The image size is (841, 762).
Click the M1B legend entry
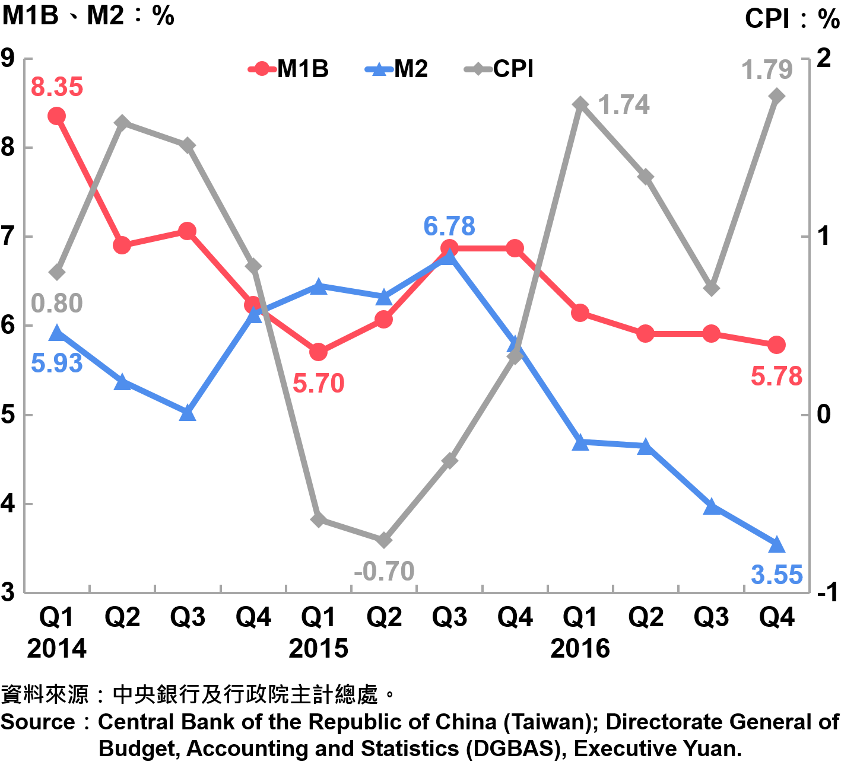289,69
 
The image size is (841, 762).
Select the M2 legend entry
397,69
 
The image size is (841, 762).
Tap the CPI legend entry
500,69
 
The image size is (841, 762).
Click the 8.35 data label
57,87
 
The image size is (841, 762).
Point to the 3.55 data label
776,575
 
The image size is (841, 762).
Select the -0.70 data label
384,572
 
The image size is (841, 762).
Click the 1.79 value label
767,70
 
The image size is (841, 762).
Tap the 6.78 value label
449,227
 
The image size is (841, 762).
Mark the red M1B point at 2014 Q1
56,116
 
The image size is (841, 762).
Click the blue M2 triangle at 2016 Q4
776,544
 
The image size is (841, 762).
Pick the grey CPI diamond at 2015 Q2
384,540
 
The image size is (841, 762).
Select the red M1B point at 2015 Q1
319,352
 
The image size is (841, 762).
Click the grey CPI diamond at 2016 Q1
580,104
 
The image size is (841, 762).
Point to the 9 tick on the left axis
8,58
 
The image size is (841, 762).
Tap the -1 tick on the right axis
826,592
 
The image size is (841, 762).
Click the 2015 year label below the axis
318,649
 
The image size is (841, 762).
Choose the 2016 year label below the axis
580,649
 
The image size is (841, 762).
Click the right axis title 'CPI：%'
792,19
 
